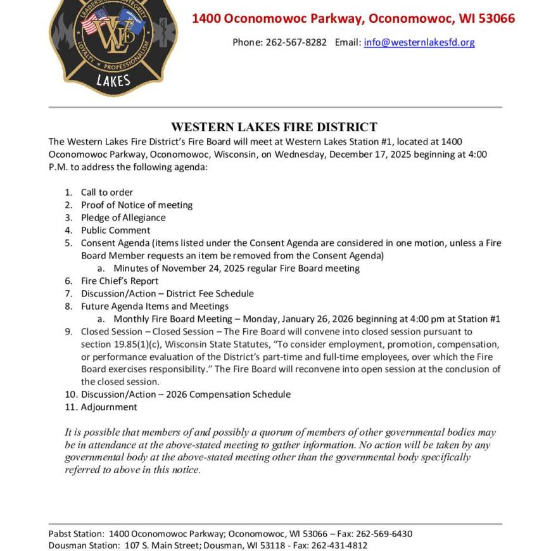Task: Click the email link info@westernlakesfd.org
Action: tap(419, 42)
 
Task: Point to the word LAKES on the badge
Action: tap(113, 80)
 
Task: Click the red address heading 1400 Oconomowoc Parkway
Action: tap(353, 18)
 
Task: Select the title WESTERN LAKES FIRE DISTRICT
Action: tap(274, 127)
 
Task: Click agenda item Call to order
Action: tap(106, 192)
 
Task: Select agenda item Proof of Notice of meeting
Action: tap(136, 205)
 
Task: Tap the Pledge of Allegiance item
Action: tap(123, 217)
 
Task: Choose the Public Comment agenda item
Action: tap(115, 230)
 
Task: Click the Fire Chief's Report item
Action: tap(119, 281)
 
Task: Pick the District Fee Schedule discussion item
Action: tap(167, 293)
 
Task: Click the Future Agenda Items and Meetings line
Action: tap(155, 306)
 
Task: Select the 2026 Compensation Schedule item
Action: tap(186, 394)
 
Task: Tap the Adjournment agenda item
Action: tap(108, 407)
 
